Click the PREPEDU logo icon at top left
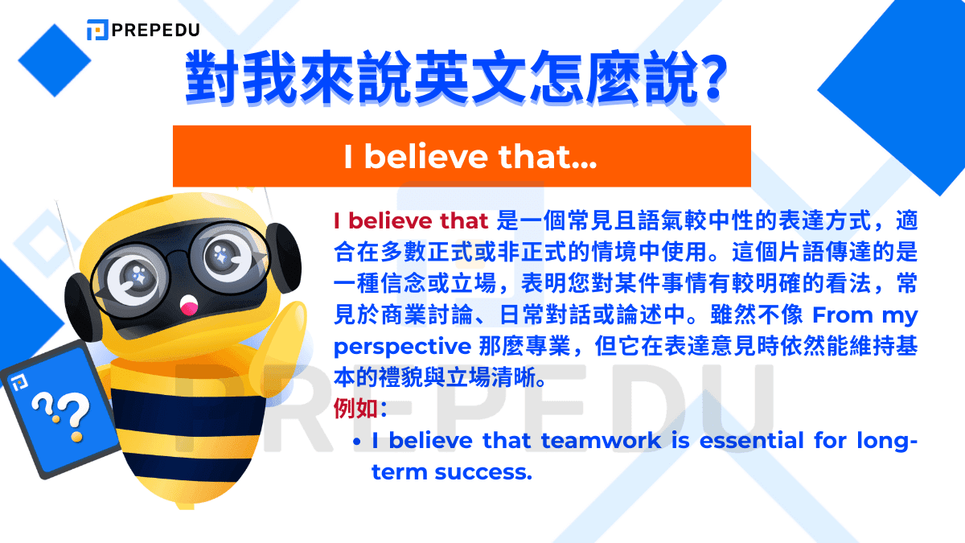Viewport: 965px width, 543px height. [97, 31]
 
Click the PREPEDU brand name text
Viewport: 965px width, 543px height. [154, 31]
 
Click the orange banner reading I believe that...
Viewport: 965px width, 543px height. [462, 156]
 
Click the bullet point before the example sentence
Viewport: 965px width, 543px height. [356, 442]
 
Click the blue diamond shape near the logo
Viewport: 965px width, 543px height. [55, 60]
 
